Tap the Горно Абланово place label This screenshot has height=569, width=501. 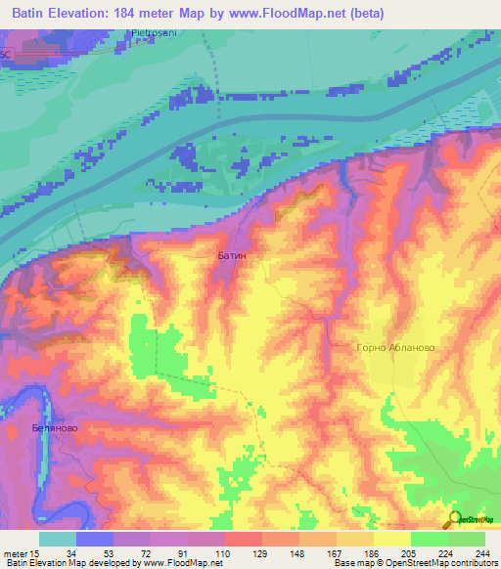click(x=394, y=347)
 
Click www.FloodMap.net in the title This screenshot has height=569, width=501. click(x=285, y=14)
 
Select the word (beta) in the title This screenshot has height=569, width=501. click(x=363, y=14)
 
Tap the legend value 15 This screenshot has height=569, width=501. click(x=36, y=552)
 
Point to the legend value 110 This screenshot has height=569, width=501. click(x=224, y=552)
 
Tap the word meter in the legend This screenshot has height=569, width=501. click(x=15, y=552)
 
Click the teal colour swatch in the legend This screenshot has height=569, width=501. click(x=57, y=539)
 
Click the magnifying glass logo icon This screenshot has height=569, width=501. click(x=454, y=520)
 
